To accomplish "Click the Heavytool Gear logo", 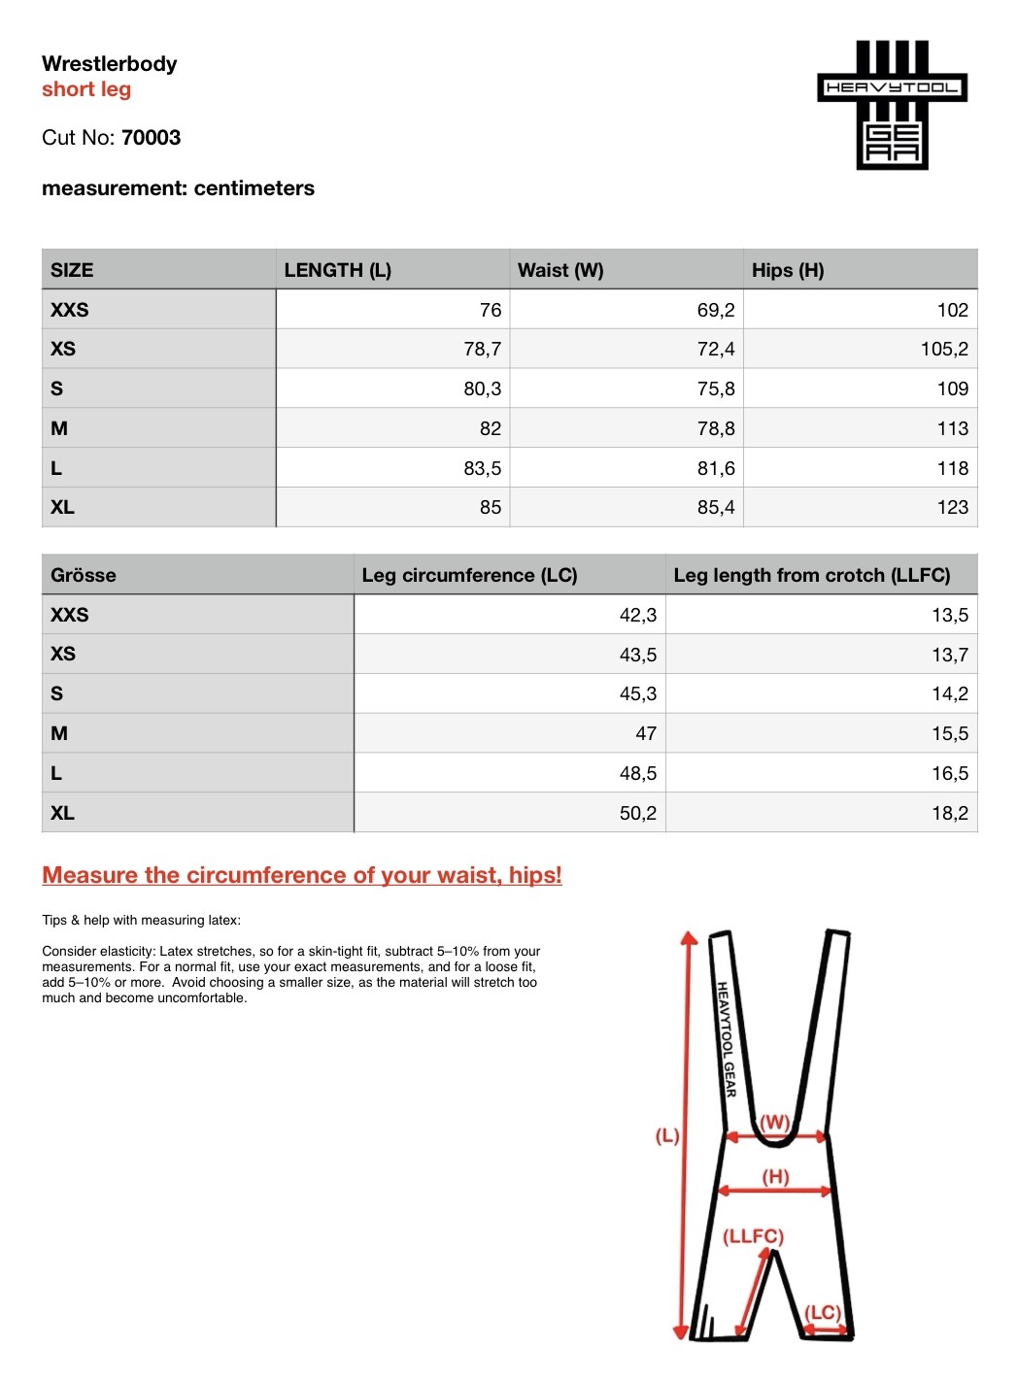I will tap(892, 105).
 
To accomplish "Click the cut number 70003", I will tap(151, 138).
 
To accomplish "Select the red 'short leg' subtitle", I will tap(86, 89).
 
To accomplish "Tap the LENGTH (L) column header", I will tap(337, 270).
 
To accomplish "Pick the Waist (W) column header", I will tap(560, 270).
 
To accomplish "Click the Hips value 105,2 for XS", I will tap(943, 349).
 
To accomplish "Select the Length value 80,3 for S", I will tap(482, 388).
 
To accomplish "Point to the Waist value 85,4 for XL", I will tap(715, 507).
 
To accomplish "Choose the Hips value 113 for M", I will tap(952, 428).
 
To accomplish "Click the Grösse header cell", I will tap(84, 575).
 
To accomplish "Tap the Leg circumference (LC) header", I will tap(469, 575).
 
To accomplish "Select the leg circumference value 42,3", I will tap(637, 615).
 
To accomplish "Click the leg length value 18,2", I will tap(949, 813).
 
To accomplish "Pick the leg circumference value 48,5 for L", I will tap(637, 773).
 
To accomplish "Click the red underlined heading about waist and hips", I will tap(302, 875).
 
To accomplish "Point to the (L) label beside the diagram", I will tap(667, 1135).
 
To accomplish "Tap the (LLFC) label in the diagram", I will tap(753, 1236).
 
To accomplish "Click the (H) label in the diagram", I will tap(775, 1177).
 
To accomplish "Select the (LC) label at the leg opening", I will tap(823, 1312).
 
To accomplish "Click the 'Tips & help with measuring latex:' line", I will tap(141, 920).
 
